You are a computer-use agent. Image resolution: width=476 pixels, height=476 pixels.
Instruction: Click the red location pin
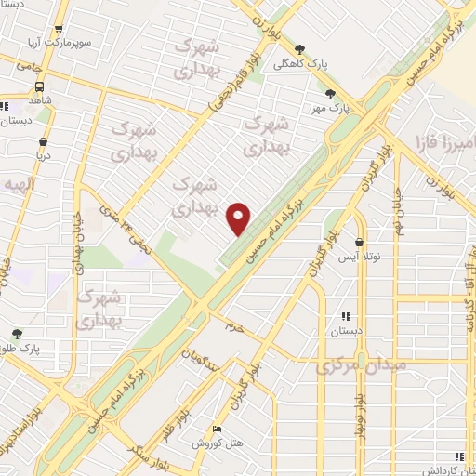click(239, 218)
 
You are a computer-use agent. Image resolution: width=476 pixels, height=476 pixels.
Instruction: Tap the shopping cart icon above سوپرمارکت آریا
click(59, 30)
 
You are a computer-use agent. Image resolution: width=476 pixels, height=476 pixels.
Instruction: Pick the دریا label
click(43, 155)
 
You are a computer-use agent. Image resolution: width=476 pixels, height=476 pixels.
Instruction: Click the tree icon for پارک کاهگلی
click(298, 49)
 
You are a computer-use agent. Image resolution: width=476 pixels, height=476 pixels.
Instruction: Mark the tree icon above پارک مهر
click(330, 93)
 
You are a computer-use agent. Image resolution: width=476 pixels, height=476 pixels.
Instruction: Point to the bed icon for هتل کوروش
click(217, 429)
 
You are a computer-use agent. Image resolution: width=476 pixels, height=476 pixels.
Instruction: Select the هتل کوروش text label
click(203, 443)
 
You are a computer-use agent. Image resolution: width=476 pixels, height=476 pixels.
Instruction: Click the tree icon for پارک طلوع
click(18, 331)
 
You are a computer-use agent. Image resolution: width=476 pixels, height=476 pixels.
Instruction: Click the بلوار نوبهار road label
click(359, 402)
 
